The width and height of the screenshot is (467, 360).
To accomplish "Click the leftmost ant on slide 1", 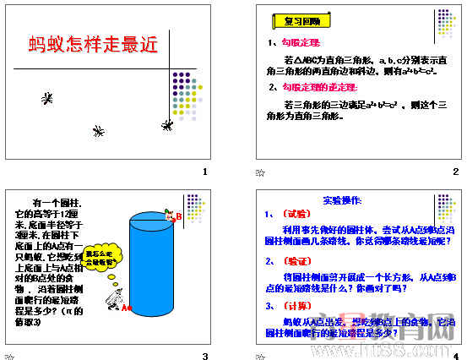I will [x=46, y=99].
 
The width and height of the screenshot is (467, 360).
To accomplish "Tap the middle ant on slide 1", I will [x=99, y=131].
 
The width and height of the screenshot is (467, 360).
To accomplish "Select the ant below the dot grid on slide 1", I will [x=168, y=123].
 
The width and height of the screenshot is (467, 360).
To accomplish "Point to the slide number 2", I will [x=455, y=172].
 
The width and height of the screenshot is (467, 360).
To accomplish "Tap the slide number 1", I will [x=204, y=172].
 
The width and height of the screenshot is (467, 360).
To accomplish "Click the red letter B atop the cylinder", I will [x=179, y=217].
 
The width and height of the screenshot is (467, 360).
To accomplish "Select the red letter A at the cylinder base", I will [x=124, y=308].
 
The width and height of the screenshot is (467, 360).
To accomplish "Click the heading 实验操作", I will [x=342, y=200].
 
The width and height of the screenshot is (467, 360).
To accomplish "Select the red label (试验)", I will [x=295, y=214].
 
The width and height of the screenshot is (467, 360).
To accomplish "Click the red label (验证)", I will [x=295, y=261].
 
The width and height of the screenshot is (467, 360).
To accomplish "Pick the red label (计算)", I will [x=295, y=306].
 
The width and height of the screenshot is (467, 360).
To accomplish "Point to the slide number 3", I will [x=204, y=354].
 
